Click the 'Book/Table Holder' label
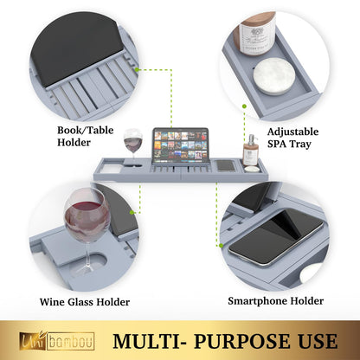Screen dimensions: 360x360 point(85,136)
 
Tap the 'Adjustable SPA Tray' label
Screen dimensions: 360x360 point(292,138)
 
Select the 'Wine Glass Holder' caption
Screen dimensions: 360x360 point(85,302)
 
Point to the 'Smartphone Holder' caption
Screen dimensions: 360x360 point(275,301)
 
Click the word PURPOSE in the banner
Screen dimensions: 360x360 point(241,342)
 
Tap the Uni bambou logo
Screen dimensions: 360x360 point(57,341)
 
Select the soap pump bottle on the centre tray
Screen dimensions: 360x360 point(250,151)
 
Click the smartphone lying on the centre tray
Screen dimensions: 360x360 point(226,166)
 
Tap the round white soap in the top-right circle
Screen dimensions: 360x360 point(274,76)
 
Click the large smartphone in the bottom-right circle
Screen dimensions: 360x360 point(275,237)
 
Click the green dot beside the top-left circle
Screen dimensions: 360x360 point(137,69)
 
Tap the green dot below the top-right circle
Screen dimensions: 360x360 point(244,106)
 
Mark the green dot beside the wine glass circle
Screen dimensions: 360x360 point(132,213)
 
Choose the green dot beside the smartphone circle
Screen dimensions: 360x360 point(221,246)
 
